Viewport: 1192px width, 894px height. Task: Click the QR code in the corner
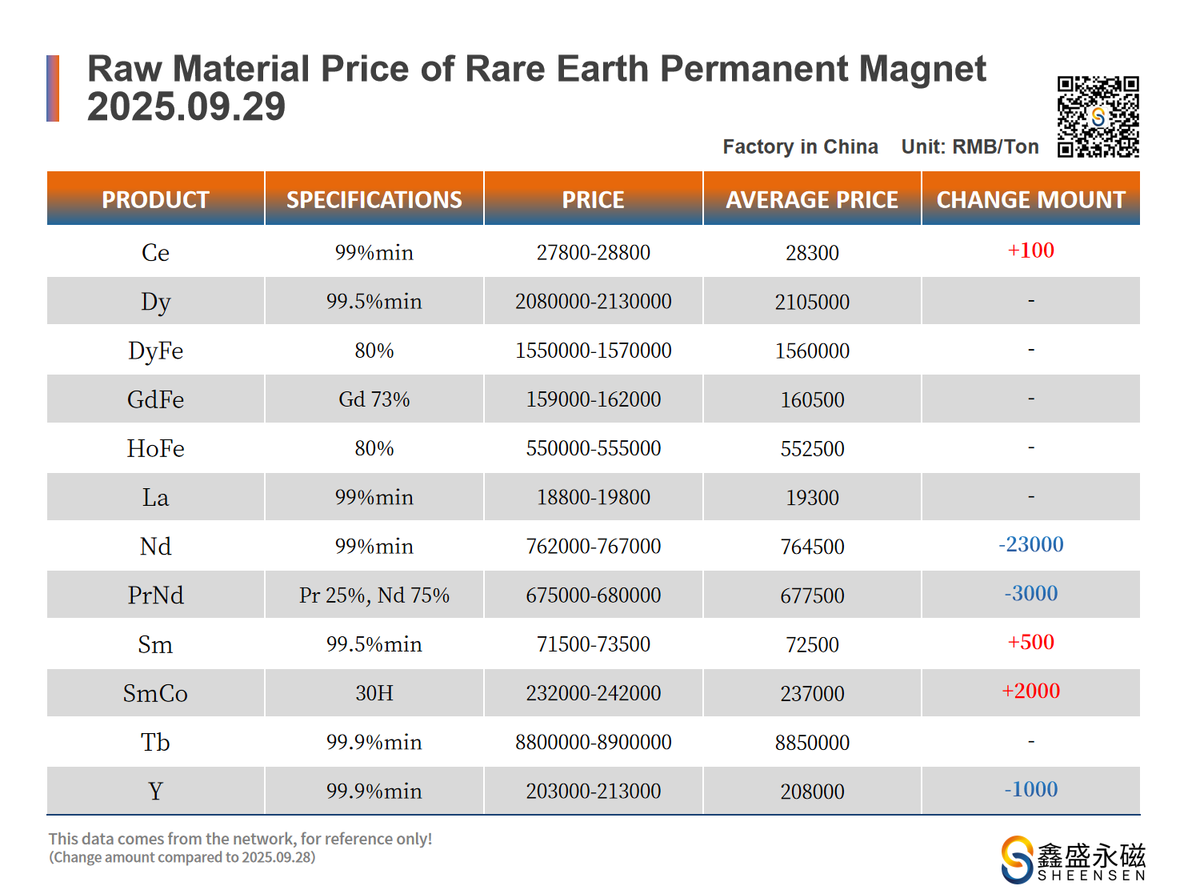[1098, 117]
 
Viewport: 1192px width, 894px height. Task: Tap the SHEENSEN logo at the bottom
[1073, 860]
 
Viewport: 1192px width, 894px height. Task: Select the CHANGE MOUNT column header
[1030, 199]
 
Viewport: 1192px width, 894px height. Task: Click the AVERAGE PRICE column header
[812, 199]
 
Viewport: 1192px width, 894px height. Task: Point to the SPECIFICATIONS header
[374, 199]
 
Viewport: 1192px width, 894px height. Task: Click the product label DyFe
[156, 351]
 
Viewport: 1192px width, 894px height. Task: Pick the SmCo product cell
[156, 693]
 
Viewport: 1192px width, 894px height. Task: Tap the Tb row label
[156, 742]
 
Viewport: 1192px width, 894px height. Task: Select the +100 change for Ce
[1030, 251]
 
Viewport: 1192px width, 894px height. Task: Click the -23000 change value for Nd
[1030, 544]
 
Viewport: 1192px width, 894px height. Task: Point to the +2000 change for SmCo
[1030, 691]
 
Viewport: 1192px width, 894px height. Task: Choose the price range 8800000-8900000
[594, 742]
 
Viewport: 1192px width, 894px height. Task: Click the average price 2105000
[812, 302]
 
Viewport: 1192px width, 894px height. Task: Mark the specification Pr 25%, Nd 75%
[374, 595]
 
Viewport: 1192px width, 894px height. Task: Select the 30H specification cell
[374, 693]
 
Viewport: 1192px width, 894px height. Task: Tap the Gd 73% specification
[374, 399]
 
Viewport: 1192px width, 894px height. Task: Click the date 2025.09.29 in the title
[186, 107]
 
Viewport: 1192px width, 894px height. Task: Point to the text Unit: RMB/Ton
[970, 147]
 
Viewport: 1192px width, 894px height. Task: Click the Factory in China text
[800, 147]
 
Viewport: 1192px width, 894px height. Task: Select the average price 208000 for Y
[812, 792]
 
